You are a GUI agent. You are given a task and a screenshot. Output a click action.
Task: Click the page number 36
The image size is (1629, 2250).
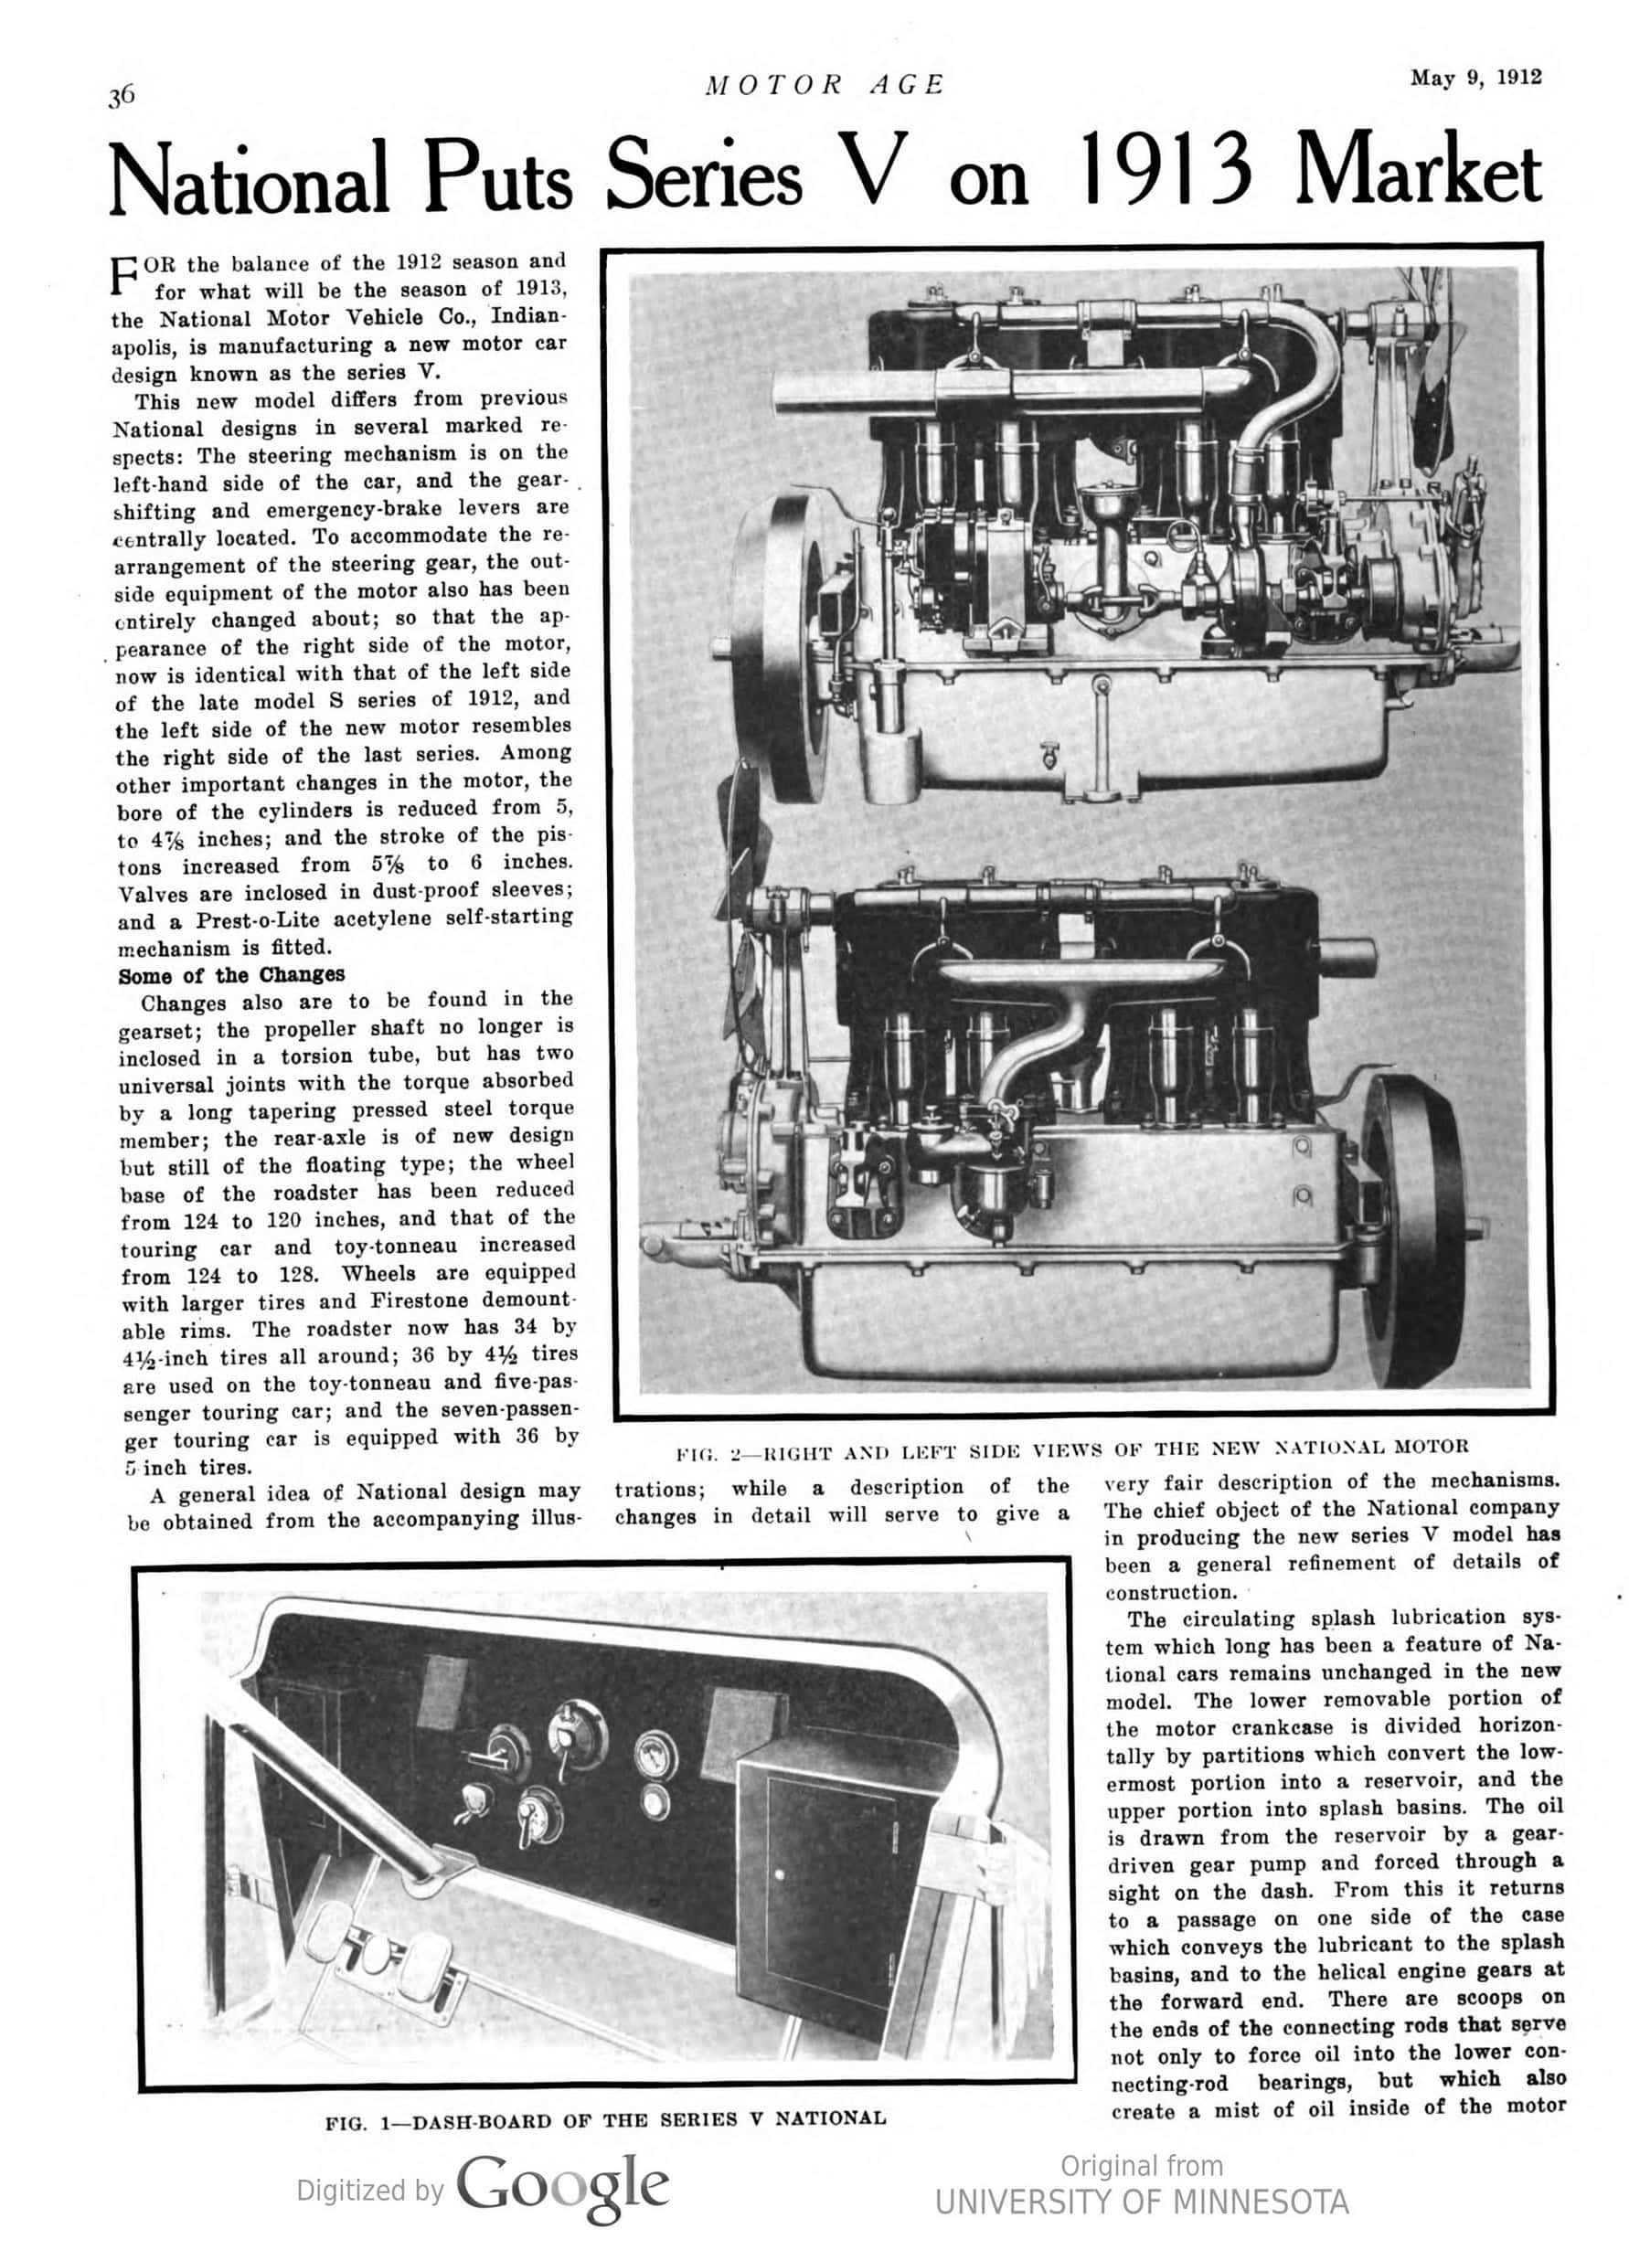(x=121, y=96)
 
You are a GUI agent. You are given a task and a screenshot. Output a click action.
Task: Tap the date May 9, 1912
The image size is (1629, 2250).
(x=1475, y=78)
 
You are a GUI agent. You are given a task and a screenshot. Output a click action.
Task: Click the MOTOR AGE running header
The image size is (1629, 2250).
(x=825, y=85)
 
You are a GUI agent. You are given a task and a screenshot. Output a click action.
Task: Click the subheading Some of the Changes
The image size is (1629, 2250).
(x=231, y=974)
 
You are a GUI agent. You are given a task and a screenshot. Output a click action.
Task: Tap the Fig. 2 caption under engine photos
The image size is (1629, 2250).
(x=1071, y=1448)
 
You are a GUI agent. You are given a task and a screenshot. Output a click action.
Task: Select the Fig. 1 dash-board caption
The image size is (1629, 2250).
(x=605, y=2119)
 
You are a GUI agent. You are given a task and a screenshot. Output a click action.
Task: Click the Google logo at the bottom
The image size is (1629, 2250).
(x=562, y=2189)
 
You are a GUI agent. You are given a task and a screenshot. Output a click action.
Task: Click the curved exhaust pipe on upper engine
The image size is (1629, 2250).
(x=1290, y=387)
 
